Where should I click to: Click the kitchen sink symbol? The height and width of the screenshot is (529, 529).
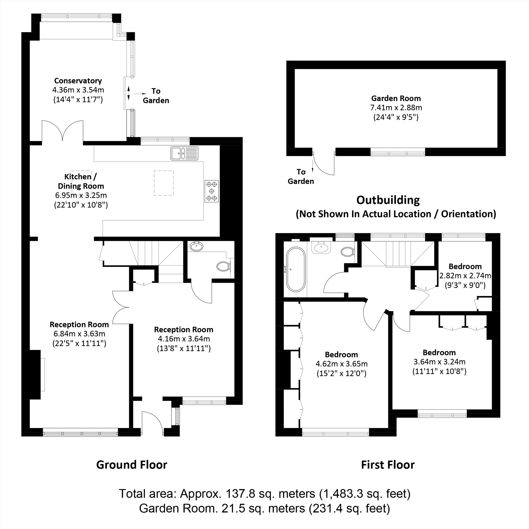pos(184,153)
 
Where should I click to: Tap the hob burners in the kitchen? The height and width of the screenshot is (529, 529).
pos(211,191)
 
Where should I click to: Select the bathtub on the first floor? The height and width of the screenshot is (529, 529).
pos(296,269)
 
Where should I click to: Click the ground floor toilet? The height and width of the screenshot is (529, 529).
pos(223,266)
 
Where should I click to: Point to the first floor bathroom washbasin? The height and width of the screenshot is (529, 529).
pos(321,248)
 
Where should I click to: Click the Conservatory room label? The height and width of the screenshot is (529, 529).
pos(78,81)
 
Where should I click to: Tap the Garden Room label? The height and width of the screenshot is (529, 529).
pos(396,98)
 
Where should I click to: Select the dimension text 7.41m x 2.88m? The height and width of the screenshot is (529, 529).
pos(396,108)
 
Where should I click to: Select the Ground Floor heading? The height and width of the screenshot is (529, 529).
pos(132,465)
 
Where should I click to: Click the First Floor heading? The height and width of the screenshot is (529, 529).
pos(388,465)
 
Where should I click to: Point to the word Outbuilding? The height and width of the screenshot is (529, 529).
pos(388,200)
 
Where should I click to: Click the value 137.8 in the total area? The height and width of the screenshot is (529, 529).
pos(240,494)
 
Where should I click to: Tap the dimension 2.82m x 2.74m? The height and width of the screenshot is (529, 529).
pos(465,276)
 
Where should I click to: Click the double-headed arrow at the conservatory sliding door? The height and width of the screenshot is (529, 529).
pos(129,93)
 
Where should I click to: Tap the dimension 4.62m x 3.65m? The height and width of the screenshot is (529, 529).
pos(341,364)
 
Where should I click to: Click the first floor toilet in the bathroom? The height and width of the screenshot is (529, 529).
pos(348,251)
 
